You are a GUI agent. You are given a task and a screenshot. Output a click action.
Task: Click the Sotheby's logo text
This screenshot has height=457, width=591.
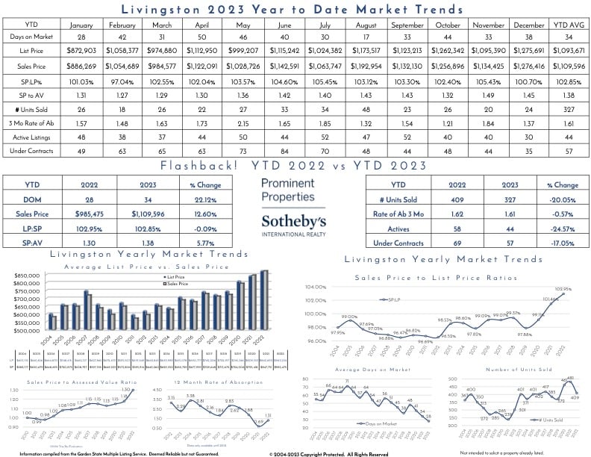293,221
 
